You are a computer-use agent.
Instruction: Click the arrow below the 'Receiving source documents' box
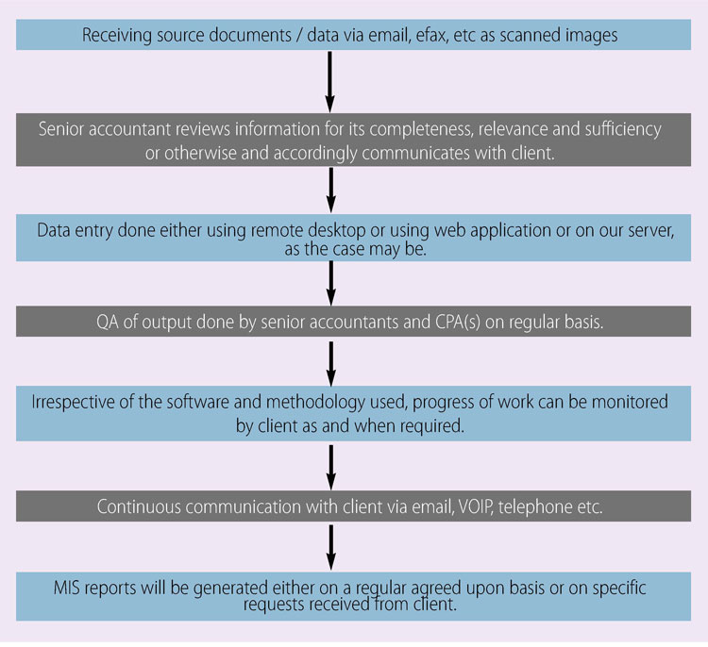pyautogui.click(x=330, y=82)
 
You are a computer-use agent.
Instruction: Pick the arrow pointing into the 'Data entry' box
pyautogui.click(x=331, y=190)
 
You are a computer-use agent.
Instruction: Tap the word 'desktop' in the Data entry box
pyautogui.click(x=337, y=231)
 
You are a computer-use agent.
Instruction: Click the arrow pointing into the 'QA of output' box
pyautogui.click(x=331, y=283)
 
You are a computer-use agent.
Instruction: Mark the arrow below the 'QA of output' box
pyautogui.click(x=331, y=364)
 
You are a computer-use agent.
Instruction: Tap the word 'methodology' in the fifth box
pyautogui.click(x=315, y=403)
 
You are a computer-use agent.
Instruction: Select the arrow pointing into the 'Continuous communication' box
pyautogui.click(x=331, y=468)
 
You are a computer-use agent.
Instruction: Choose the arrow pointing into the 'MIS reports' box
pyautogui.click(x=331, y=547)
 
